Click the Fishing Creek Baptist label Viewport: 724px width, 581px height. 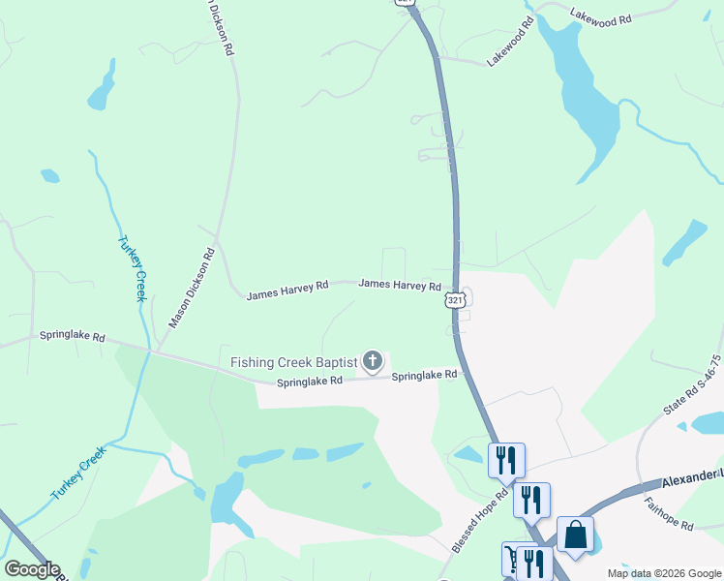pos(293,363)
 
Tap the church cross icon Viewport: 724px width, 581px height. pos(373,363)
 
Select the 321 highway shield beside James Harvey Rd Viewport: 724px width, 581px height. pos(457,301)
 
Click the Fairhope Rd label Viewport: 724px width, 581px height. pos(669,524)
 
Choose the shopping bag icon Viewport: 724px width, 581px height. pos(575,535)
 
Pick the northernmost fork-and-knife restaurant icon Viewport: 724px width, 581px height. pos(505,460)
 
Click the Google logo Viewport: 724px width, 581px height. pos(32,569)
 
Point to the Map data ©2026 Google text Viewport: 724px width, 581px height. pos(662,573)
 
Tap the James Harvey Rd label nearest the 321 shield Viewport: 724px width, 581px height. pos(400,286)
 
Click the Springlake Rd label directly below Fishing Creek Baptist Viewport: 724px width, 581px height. pos(310,382)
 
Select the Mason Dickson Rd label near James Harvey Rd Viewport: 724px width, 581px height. pos(192,288)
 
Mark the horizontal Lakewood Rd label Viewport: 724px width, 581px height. pos(600,17)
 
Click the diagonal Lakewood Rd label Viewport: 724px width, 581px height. pos(510,41)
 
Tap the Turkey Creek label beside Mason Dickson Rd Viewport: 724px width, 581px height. pos(131,268)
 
